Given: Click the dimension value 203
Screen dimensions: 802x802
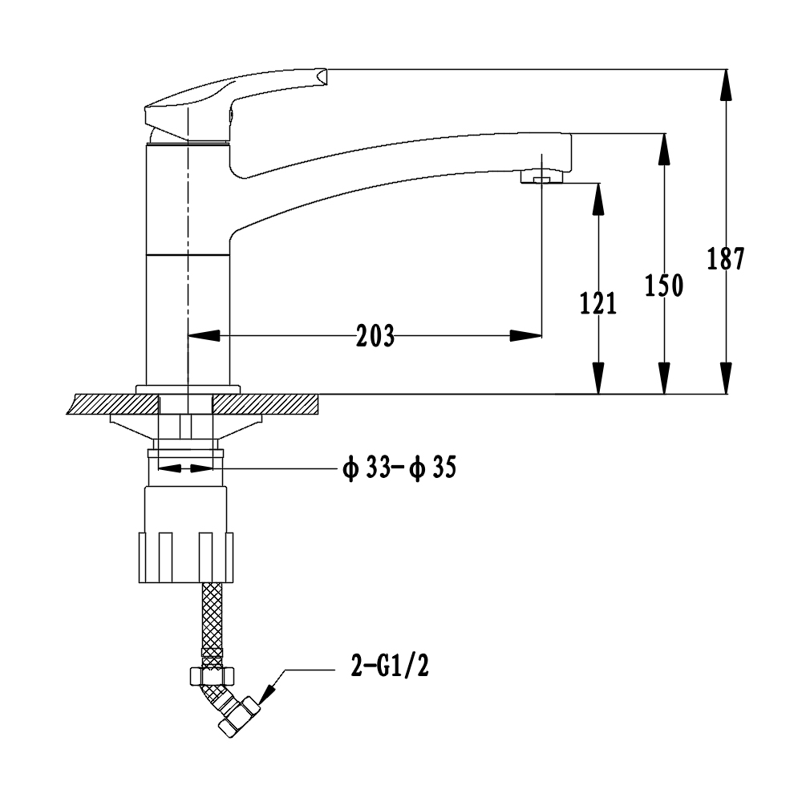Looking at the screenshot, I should click(375, 336).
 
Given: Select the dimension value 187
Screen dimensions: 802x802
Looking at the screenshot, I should click(726, 259).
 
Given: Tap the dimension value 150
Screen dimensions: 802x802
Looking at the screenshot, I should click(664, 285).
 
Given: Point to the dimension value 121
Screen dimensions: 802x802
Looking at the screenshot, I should click(598, 303).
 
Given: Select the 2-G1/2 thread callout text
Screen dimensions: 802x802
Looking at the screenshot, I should click(390, 666).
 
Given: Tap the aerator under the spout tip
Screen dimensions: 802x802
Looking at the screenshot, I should click(541, 176).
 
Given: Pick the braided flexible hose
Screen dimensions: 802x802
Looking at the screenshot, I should click(212, 618).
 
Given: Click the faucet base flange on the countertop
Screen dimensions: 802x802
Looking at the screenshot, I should click(188, 389).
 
